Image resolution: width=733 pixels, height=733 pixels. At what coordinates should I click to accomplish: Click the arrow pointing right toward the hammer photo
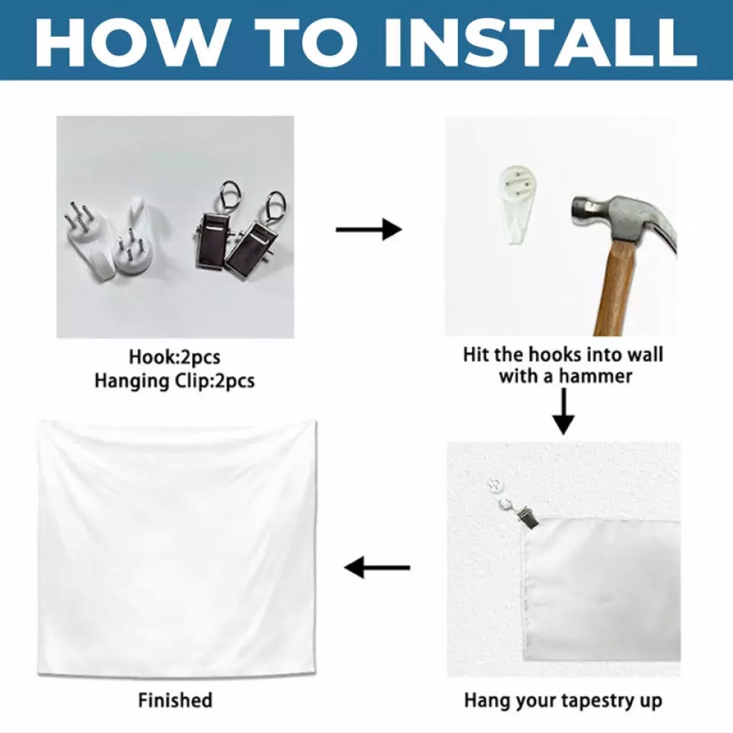pos(369,229)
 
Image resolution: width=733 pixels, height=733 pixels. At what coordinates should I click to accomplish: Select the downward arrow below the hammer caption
pos(563,412)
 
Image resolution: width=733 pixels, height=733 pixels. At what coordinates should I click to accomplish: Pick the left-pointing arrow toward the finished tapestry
pos(376,567)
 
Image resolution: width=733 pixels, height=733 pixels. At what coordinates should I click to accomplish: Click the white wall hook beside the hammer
pos(517,204)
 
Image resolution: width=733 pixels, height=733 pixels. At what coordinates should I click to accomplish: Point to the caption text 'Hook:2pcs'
pos(174,357)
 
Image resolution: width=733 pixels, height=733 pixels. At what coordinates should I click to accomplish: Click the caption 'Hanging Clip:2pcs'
pos(174,380)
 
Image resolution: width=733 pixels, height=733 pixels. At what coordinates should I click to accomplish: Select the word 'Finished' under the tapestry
pos(175,700)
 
